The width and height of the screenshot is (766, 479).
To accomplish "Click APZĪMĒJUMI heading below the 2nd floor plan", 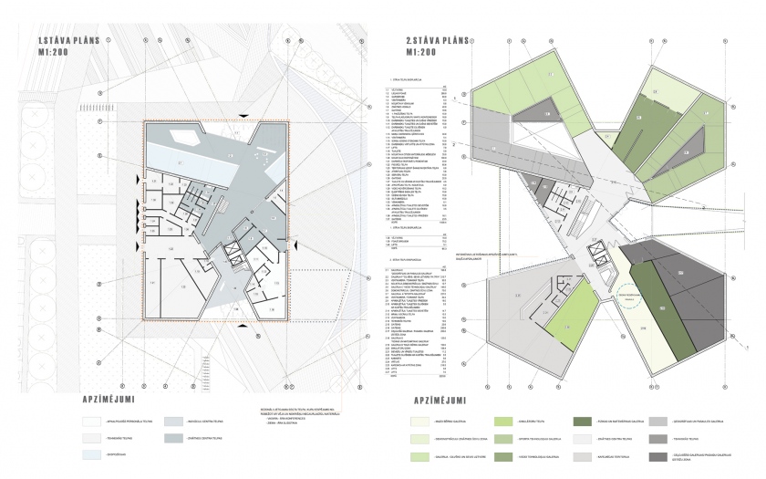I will point(446,400).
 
